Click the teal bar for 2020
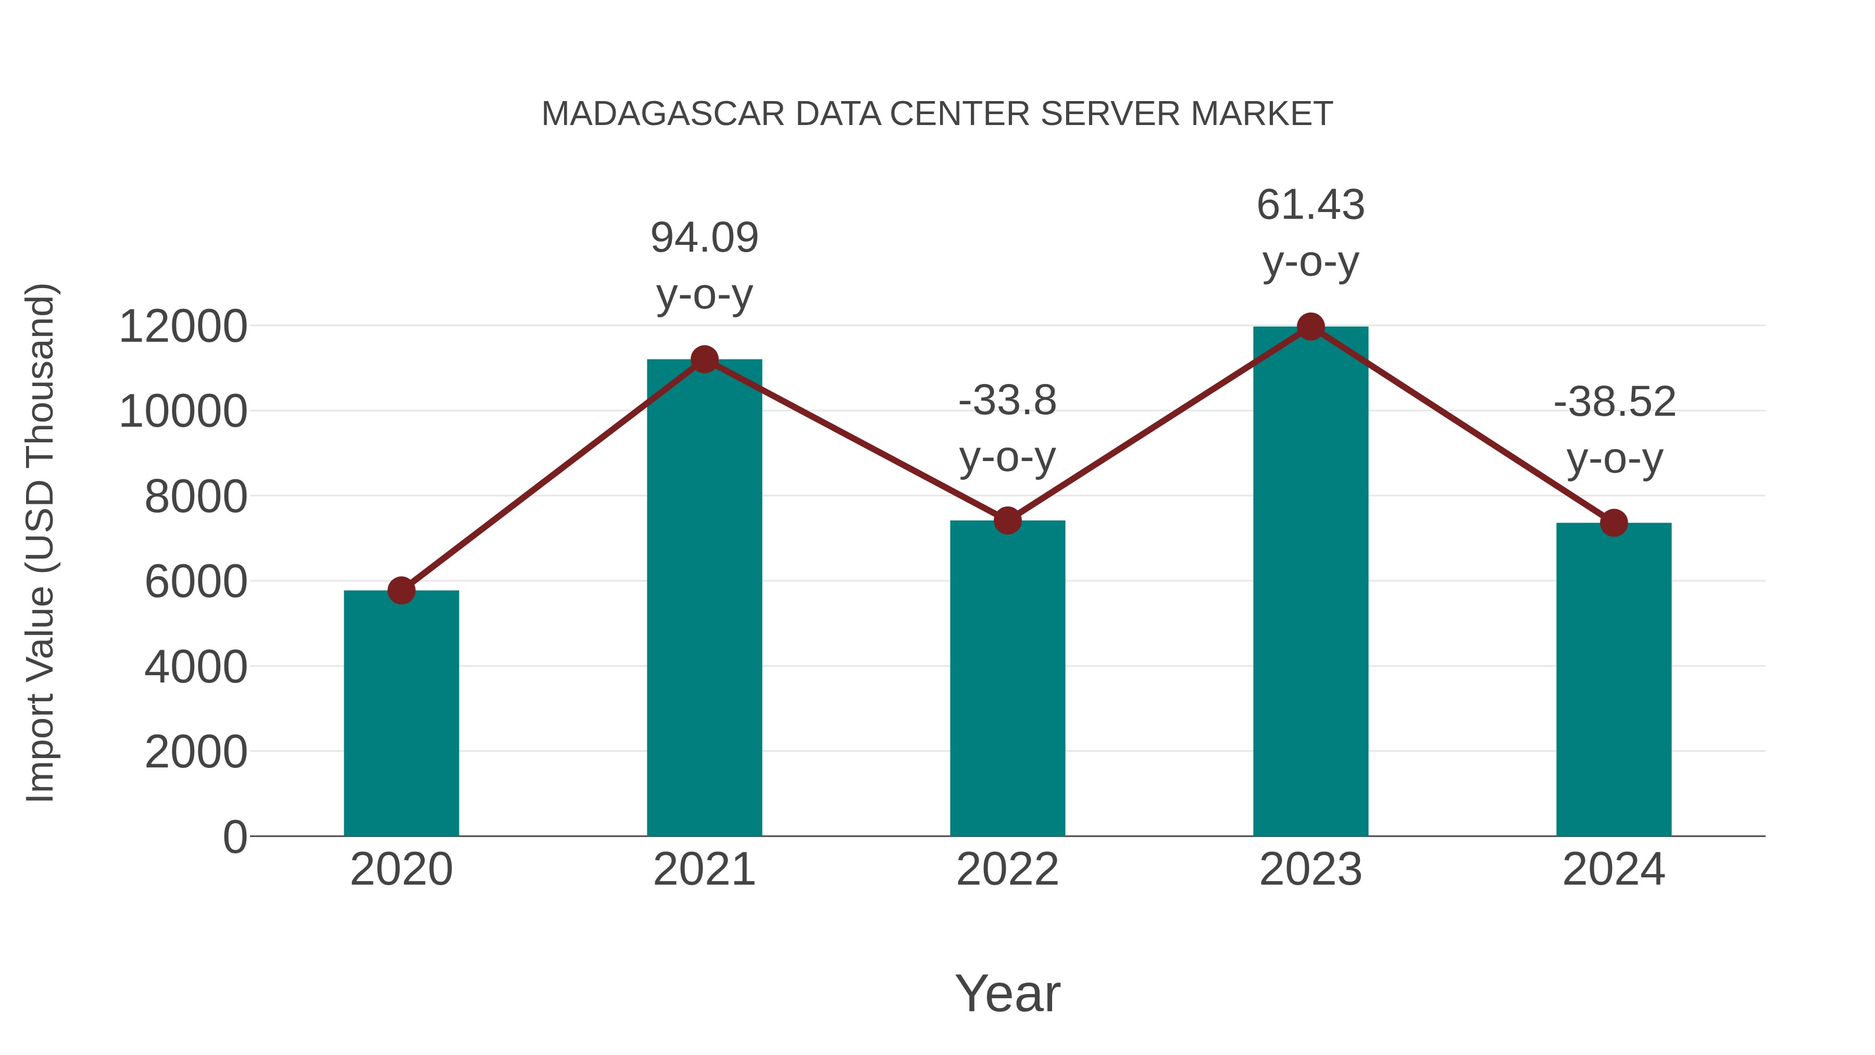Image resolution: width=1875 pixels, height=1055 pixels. [x=401, y=714]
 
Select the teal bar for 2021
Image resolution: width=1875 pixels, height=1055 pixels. [x=704, y=597]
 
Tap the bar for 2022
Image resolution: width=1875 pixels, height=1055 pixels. [x=1007, y=677]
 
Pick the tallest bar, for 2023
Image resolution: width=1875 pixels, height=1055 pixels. [x=1310, y=582]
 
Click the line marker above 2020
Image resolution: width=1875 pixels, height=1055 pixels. [x=401, y=590]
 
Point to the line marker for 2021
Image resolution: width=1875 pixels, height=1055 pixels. [x=704, y=359]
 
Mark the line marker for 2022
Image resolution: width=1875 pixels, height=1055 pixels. [x=1007, y=520]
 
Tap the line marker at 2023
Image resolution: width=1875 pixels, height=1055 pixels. [x=1310, y=327]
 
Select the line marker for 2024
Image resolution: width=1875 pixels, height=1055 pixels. [x=1614, y=523]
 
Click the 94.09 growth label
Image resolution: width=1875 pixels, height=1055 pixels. [x=704, y=238]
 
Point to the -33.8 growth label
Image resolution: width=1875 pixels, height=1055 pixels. [x=1007, y=401]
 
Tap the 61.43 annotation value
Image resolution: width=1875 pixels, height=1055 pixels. [x=1310, y=205]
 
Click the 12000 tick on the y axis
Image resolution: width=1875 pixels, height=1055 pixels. [x=183, y=327]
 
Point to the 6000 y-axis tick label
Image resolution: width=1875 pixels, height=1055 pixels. [x=196, y=582]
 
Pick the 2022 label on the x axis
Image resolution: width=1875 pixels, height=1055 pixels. [x=1007, y=870]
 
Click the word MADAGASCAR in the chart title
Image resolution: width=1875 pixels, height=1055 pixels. [x=663, y=114]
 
